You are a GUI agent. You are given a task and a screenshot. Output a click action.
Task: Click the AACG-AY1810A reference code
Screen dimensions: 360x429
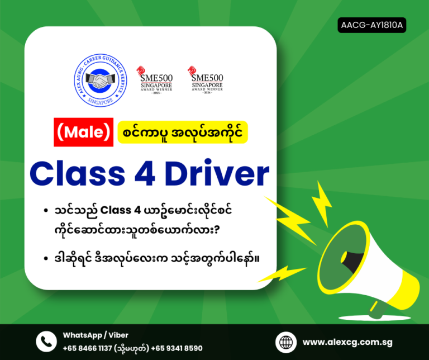372,25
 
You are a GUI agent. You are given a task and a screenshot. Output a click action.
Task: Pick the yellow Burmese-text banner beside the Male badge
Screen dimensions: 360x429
183,133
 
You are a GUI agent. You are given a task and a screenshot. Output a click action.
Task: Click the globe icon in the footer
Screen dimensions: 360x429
286,342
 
